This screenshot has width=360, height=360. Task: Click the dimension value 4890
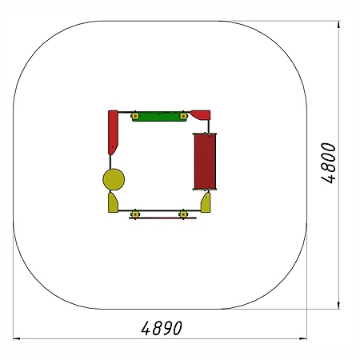tap(162, 328)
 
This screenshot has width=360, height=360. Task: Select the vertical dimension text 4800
tap(328, 163)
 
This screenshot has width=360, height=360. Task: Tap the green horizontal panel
tap(159, 117)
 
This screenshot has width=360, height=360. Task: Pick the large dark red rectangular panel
tap(205, 162)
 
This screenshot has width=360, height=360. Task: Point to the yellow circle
tap(114, 179)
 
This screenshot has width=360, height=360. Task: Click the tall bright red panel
tap(113, 132)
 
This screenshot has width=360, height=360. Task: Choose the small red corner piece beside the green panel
tap(201, 115)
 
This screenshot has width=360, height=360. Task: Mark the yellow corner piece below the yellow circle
tap(112, 203)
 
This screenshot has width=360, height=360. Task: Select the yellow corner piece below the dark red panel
tap(206, 203)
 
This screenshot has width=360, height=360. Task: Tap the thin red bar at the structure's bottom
tap(162, 218)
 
